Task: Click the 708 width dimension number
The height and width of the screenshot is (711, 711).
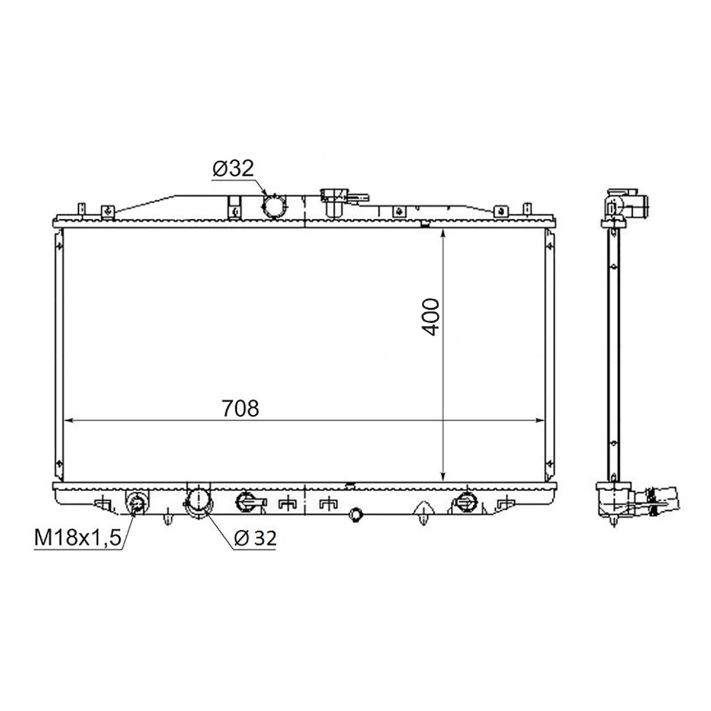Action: tap(240, 408)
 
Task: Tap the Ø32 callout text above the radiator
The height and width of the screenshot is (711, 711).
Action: tap(233, 168)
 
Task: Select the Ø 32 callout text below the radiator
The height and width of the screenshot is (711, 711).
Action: tap(255, 538)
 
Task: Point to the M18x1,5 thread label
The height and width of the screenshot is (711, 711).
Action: tap(78, 538)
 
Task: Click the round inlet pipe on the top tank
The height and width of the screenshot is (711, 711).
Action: tap(274, 207)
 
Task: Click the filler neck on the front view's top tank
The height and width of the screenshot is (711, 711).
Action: tap(334, 202)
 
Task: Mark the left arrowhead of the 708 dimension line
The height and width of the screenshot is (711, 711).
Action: tap(69, 420)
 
